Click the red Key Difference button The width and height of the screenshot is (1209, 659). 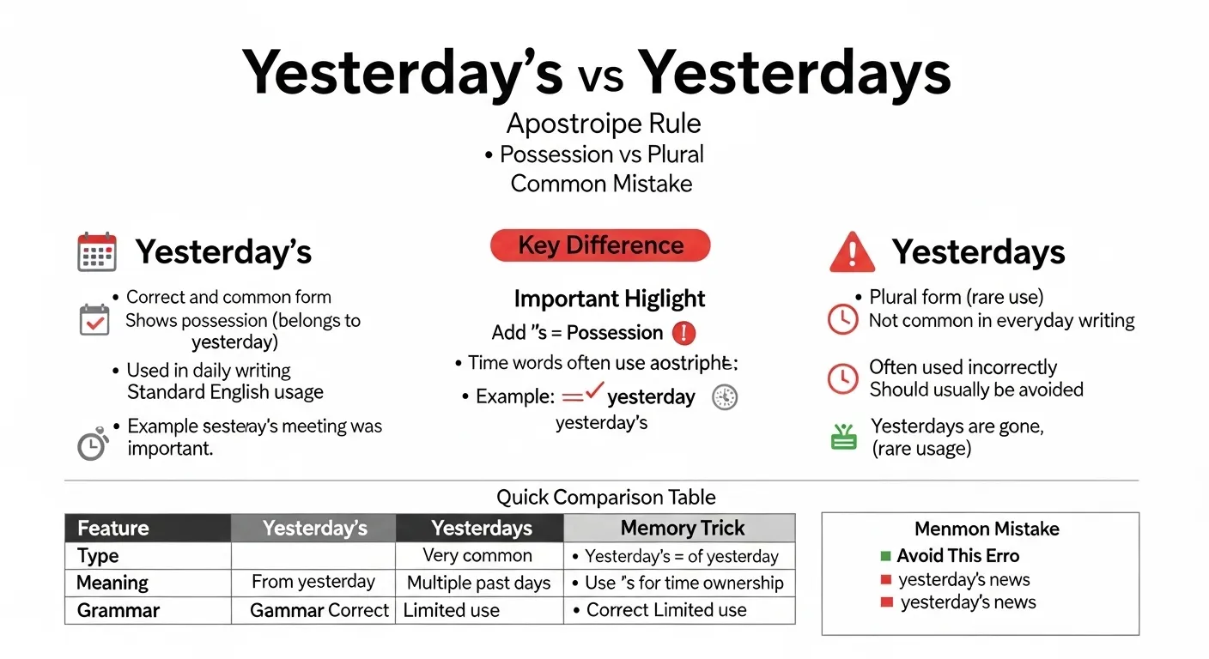pyautogui.click(x=600, y=245)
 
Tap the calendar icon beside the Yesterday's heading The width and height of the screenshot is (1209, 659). pyautogui.click(x=96, y=251)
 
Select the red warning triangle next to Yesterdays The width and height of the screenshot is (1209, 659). pyautogui.click(x=852, y=252)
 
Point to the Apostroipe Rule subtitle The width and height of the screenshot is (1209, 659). pyautogui.click(x=603, y=124)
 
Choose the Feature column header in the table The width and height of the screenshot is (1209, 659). pyautogui.click(x=148, y=528)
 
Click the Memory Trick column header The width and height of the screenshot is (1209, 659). pyautogui.click(x=682, y=528)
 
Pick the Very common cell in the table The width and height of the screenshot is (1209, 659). pyautogui.click(x=477, y=555)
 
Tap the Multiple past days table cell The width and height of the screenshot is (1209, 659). pyautogui.click(x=478, y=583)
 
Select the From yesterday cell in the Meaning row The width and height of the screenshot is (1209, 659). pyautogui.click(x=313, y=582)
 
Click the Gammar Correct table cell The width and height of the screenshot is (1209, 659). pyautogui.click(x=319, y=610)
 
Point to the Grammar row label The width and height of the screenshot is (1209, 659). pyautogui.click(x=118, y=610)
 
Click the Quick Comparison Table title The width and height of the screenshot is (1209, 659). pyautogui.click(x=605, y=497)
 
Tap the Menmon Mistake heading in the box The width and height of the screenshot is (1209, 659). pyautogui.click(x=987, y=529)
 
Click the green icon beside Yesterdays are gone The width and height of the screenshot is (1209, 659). pyautogui.click(x=844, y=438)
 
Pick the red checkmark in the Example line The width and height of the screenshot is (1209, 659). pyautogui.click(x=594, y=394)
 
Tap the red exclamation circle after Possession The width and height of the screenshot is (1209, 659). pyautogui.click(x=683, y=332)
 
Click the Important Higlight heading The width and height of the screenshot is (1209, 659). pyautogui.click(x=609, y=299)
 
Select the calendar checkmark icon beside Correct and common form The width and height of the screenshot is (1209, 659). pyautogui.click(x=94, y=319)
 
